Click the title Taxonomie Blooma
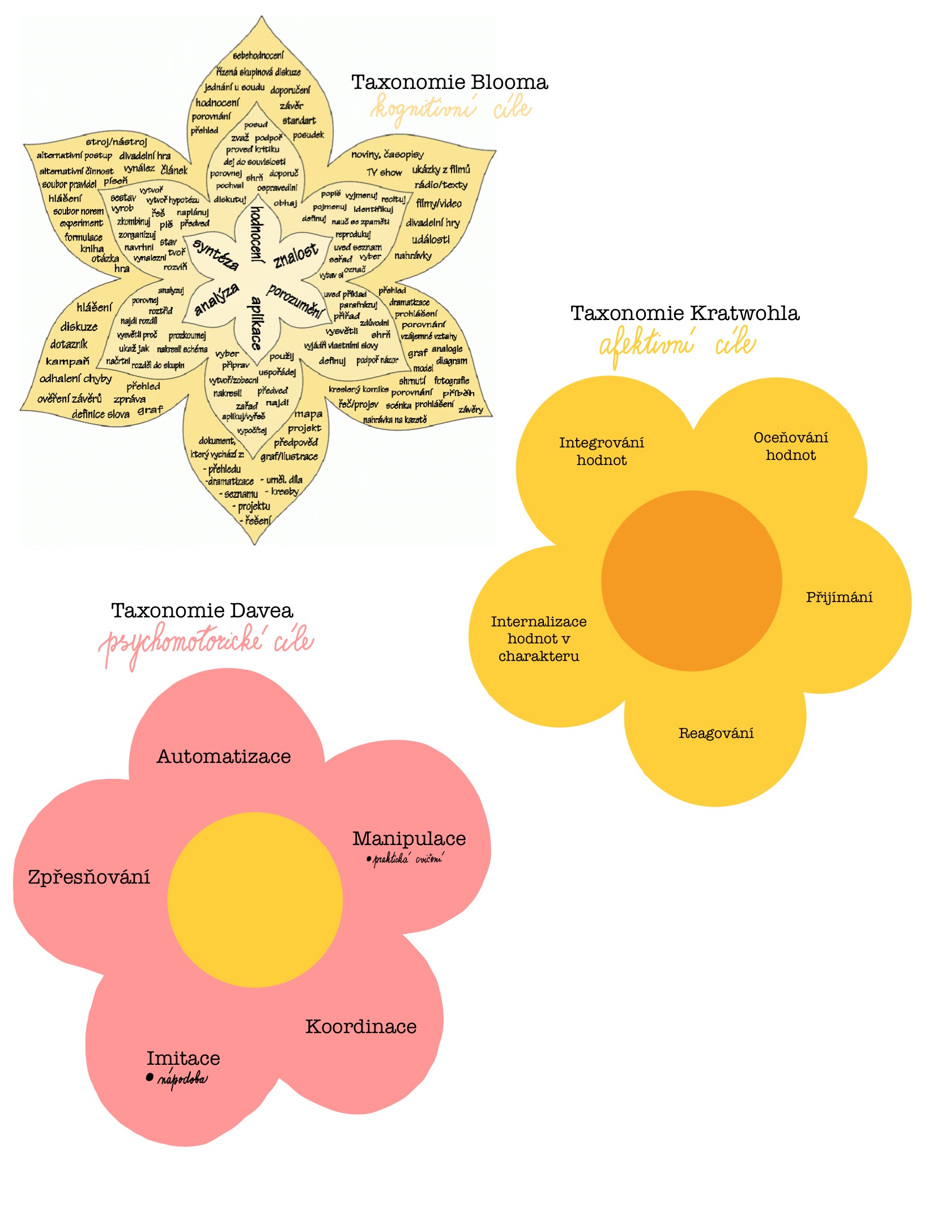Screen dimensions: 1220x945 click(449, 83)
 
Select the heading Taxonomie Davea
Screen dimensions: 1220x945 click(202, 611)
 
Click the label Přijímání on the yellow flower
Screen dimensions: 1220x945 click(839, 598)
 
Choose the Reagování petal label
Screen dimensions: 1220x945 click(716, 734)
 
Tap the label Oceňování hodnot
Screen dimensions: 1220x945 click(791, 446)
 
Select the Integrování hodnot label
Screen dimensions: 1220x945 click(602, 451)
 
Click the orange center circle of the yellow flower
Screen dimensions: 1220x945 click(691, 581)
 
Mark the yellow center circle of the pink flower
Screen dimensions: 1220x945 click(255, 900)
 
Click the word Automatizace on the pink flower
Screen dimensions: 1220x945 click(224, 757)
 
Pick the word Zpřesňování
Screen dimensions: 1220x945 click(89, 877)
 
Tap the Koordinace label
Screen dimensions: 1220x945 click(361, 1027)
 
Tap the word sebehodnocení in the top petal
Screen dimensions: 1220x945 click(258, 56)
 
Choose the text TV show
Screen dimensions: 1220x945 click(384, 173)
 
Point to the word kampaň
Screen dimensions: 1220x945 click(67, 361)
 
